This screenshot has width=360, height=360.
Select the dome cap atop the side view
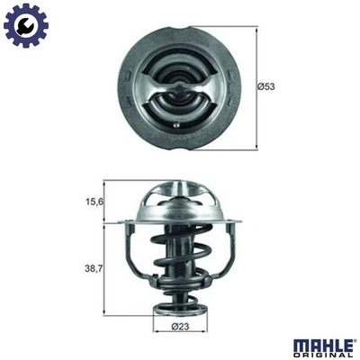coord(181,193)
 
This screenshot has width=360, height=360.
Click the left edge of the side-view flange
coord(125,220)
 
